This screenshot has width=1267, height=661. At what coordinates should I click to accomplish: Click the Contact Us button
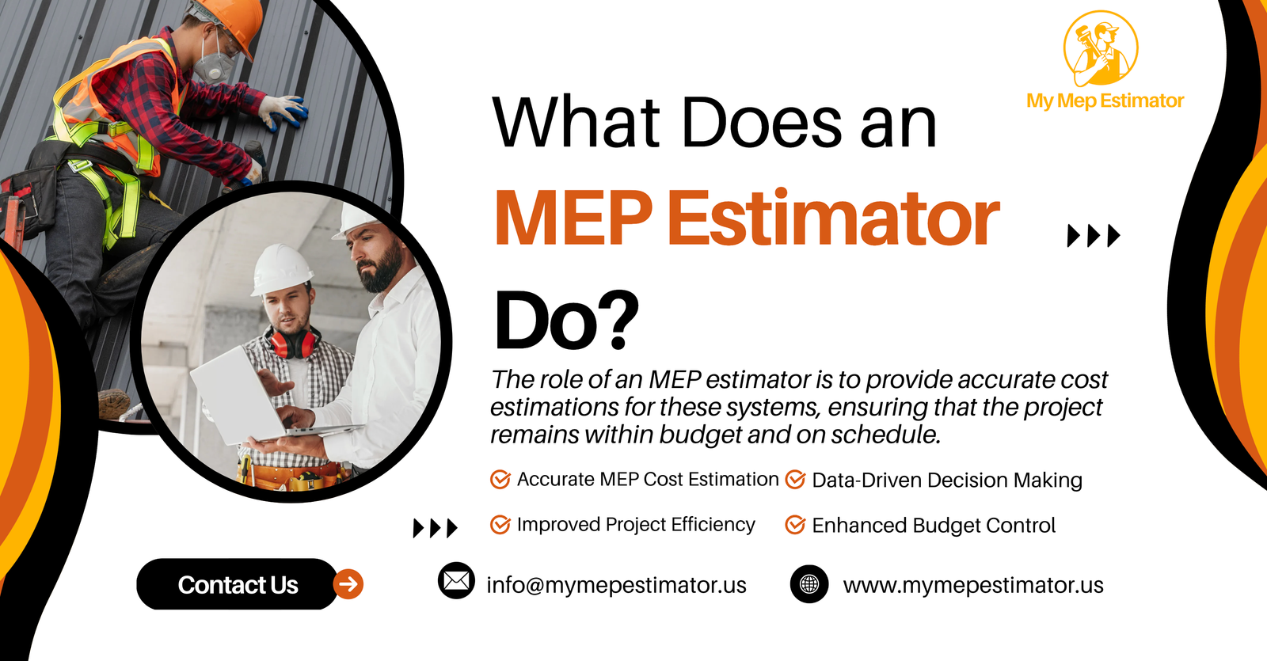pos(237,584)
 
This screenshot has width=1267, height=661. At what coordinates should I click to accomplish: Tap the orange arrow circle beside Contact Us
pos(348,584)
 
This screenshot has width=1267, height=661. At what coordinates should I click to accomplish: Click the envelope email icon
pos(456,581)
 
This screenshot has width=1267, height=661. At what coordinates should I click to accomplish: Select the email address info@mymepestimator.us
pos(616,585)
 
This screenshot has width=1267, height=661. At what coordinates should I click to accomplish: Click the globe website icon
pos(809,584)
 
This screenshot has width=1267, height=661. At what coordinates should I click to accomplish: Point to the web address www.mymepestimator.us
pos(973,585)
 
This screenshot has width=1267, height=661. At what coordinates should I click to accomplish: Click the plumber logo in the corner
pos(1101,48)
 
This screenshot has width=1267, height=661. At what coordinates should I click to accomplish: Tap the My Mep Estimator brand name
pos(1105,101)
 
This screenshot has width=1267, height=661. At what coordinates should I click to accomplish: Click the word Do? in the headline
pos(566,321)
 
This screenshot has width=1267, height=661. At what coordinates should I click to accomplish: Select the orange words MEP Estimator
pos(748,218)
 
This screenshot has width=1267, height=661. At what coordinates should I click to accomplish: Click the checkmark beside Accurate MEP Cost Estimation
pos(500,480)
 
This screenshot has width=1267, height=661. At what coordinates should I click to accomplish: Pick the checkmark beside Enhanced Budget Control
pos(795,525)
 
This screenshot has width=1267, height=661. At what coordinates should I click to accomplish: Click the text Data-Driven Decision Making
pos(947,480)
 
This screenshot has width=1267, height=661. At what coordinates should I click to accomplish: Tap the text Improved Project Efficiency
pos(636,525)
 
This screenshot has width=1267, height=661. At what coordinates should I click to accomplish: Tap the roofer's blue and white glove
pos(283,110)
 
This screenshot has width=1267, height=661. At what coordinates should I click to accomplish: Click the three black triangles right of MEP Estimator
pos(1094,236)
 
